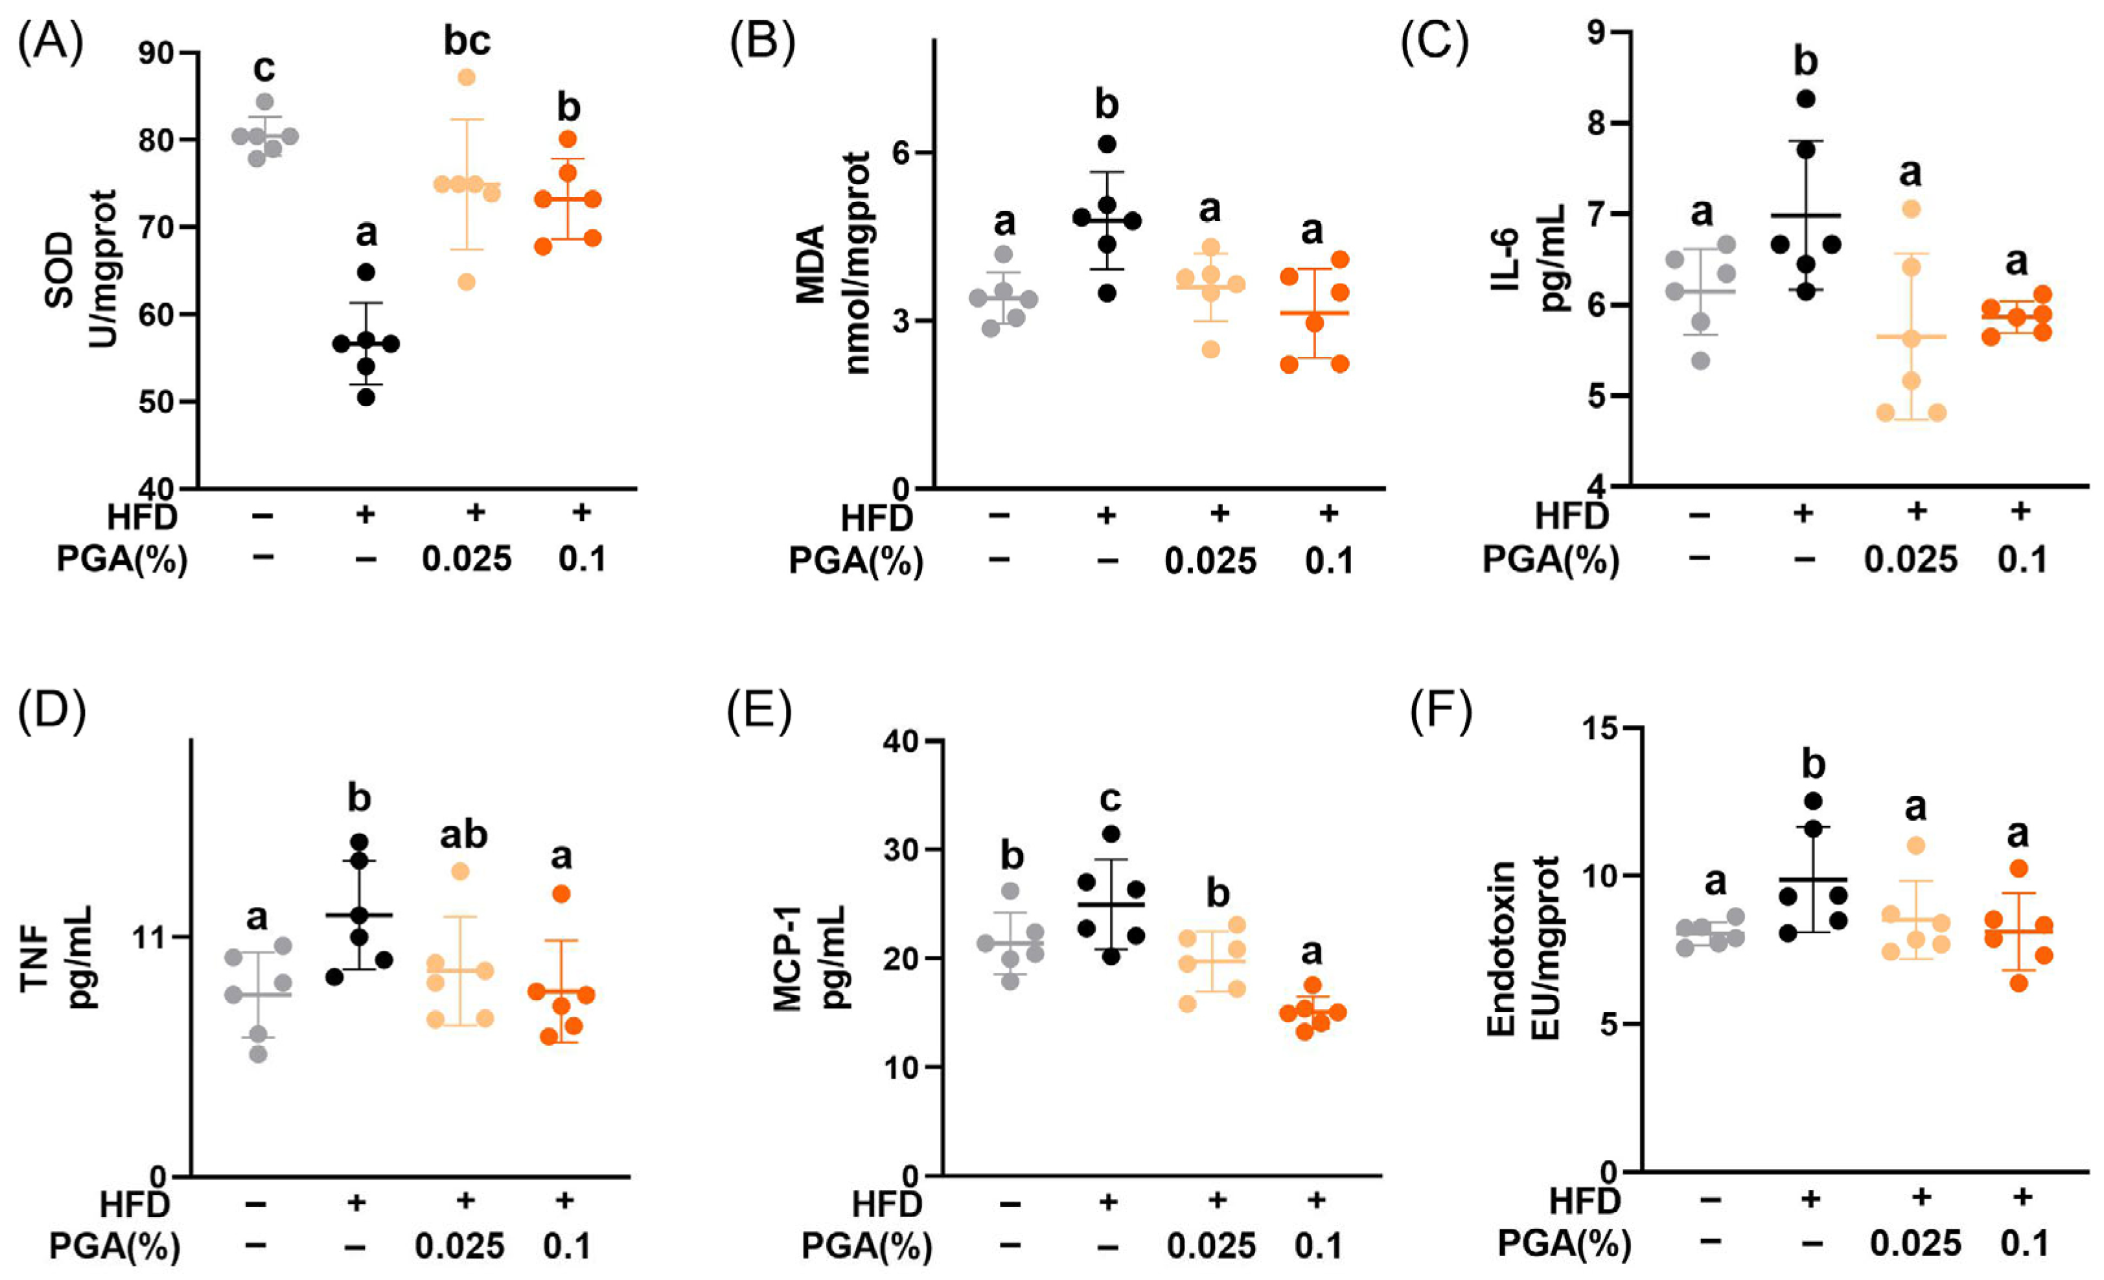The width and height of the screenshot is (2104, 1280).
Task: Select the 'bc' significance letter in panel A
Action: point(467,41)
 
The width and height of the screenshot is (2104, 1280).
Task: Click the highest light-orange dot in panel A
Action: point(467,78)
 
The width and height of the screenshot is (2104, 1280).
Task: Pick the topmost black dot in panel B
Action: point(1107,143)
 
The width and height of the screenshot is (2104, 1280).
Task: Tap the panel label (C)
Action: point(1435,43)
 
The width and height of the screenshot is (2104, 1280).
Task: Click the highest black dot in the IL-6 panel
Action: point(1805,99)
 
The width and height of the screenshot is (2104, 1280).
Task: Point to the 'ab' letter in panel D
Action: point(464,835)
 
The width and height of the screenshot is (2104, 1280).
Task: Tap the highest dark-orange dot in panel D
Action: point(561,894)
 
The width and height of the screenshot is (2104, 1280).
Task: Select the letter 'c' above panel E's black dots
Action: point(1110,799)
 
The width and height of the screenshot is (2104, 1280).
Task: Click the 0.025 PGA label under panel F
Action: point(1915,1243)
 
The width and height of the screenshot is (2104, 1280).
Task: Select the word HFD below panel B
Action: point(877,518)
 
